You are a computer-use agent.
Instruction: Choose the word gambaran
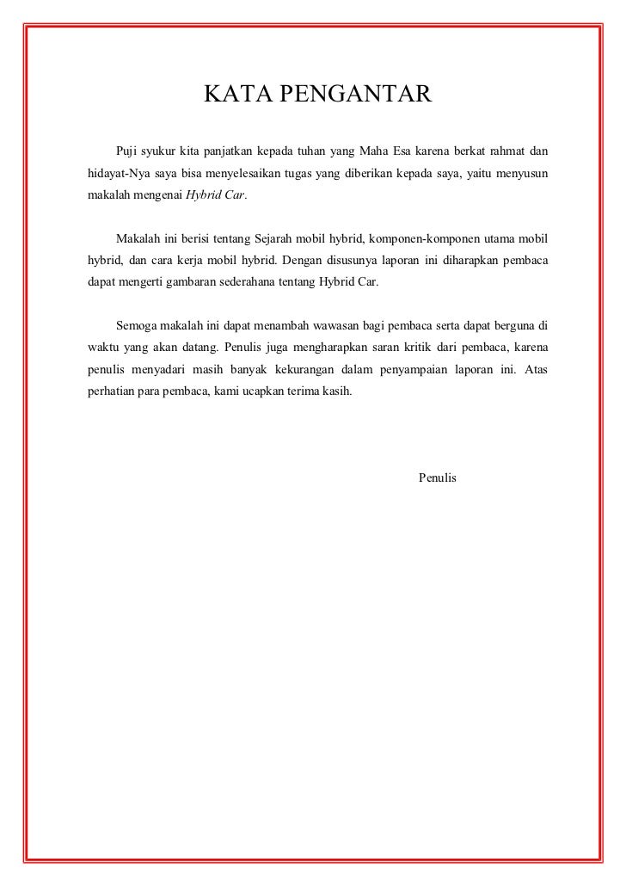199,281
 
